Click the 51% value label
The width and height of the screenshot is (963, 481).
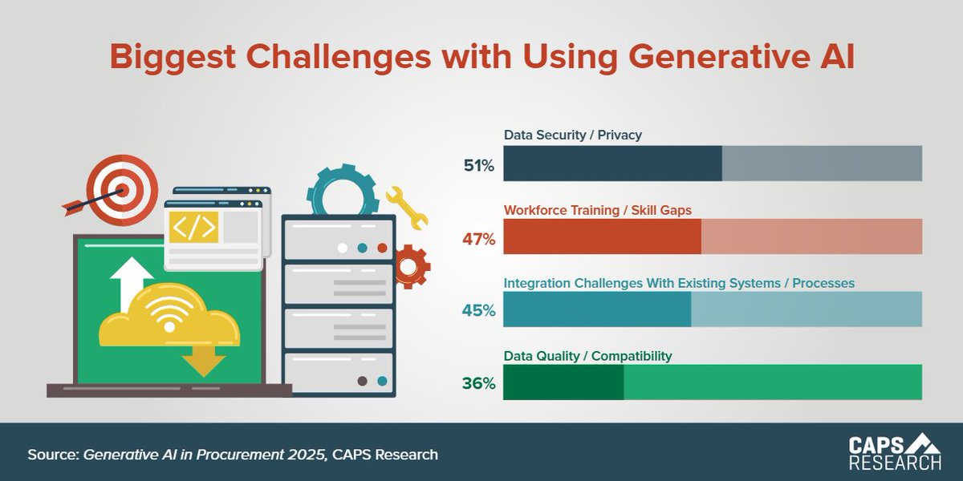[x=478, y=166]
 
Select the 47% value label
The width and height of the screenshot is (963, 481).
[x=478, y=239]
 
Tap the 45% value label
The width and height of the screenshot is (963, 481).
[x=478, y=310]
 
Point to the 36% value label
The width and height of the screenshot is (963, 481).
[x=478, y=383]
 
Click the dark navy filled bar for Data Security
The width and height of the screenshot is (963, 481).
[x=612, y=164]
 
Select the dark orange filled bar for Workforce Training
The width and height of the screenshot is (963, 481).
[x=602, y=236]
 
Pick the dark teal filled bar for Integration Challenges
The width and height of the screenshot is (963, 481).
[x=596, y=309]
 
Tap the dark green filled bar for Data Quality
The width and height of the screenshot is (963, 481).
[x=563, y=382]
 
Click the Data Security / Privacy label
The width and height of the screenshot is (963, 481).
[x=572, y=135]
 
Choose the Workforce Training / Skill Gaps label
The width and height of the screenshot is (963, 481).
[x=597, y=210]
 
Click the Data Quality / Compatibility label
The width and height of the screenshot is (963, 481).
[x=587, y=356]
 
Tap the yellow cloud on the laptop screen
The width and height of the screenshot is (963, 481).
[x=169, y=319]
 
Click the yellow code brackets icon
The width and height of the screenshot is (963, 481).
[x=195, y=227]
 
